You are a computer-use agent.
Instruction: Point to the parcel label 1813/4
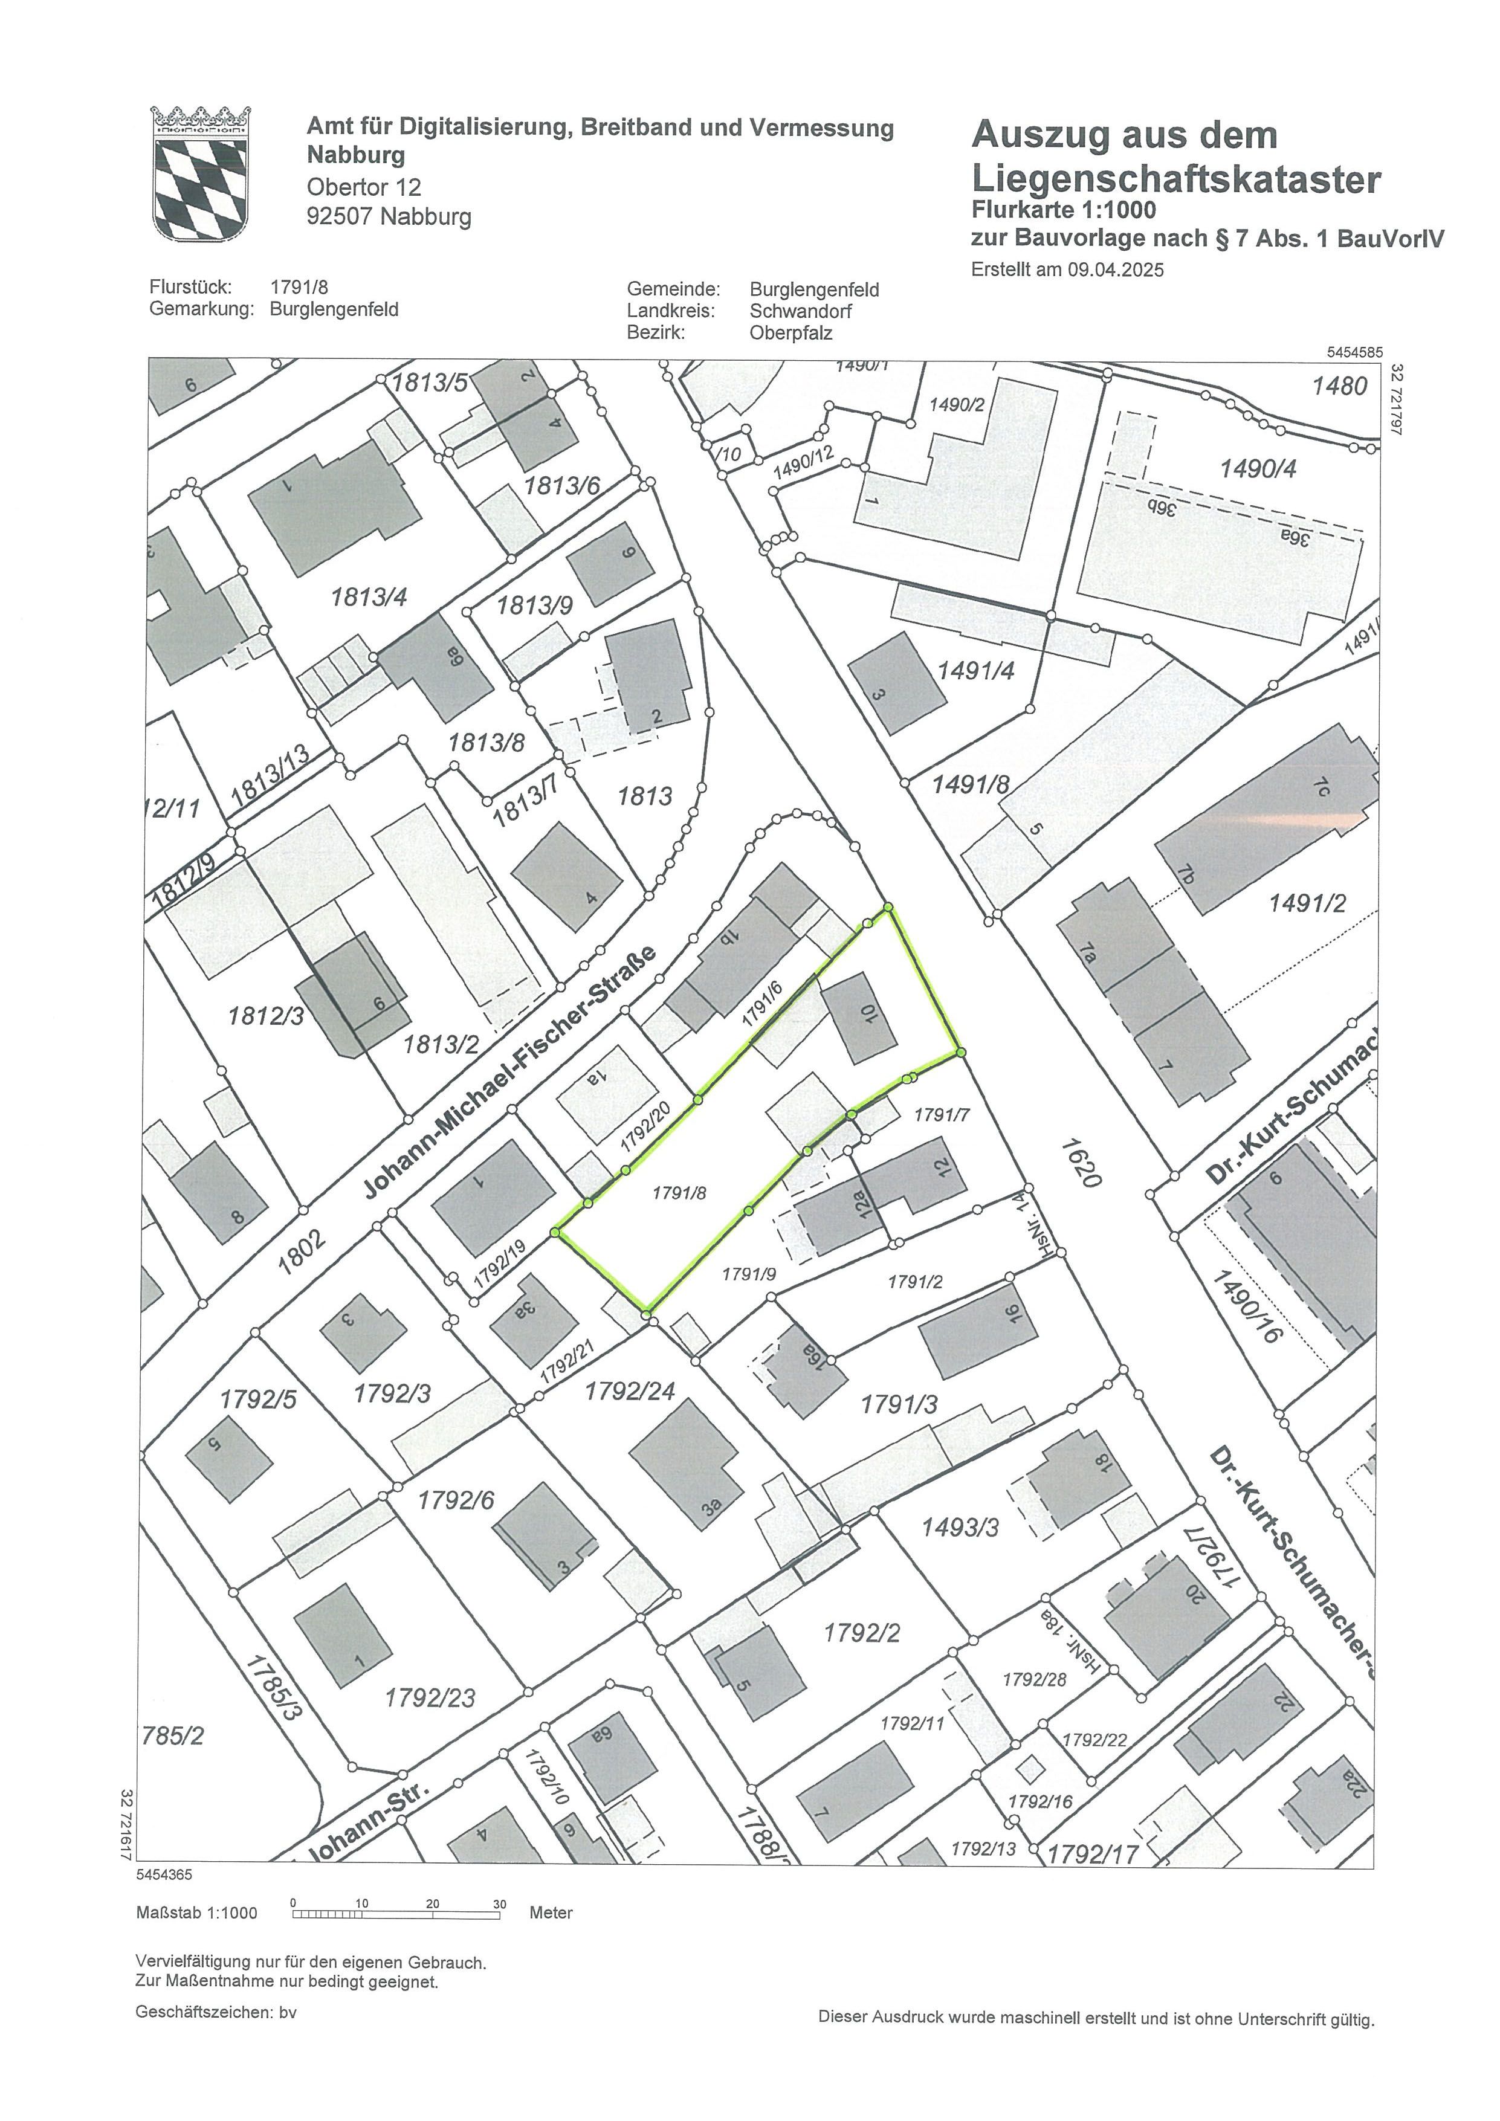[x=369, y=598]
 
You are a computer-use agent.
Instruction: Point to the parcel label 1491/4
[x=975, y=671]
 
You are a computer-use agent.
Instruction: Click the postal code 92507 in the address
[x=338, y=217]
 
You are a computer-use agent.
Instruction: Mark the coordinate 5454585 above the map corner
[x=1354, y=352]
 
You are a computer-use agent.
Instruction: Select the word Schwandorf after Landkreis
[x=800, y=311]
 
